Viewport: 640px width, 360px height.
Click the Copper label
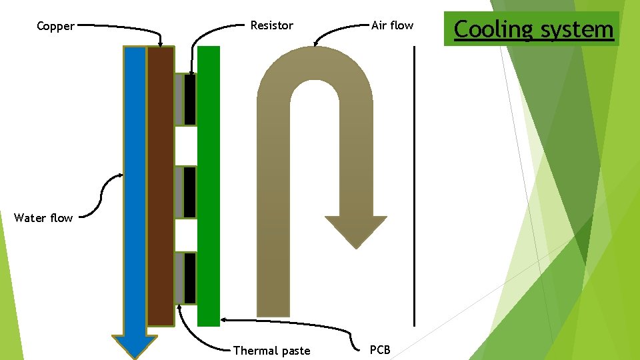pyautogui.click(x=55, y=27)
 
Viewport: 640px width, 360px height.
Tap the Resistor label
pyautogui.click(x=271, y=26)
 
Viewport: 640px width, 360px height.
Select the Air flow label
pyautogui.click(x=392, y=26)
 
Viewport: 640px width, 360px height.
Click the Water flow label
pyautogui.click(x=43, y=218)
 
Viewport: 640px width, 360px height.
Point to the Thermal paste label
pyautogui.click(x=271, y=351)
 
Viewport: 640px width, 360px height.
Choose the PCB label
pyautogui.click(x=380, y=350)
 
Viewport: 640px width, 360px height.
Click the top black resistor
pyautogui.click(x=190, y=99)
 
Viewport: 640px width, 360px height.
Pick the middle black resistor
pyautogui.click(x=190, y=192)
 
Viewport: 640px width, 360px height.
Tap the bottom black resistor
pyautogui.click(x=190, y=278)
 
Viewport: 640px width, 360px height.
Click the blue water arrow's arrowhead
pyautogui.click(x=134, y=346)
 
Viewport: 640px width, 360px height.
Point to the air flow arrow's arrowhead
pyautogui.click(x=355, y=230)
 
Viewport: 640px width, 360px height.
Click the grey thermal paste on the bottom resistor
pyautogui.click(x=179, y=278)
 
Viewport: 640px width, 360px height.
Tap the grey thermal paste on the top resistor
pyautogui.click(x=179, y=99)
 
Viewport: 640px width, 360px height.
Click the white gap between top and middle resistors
pyautogui.click(x=186, y=145)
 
